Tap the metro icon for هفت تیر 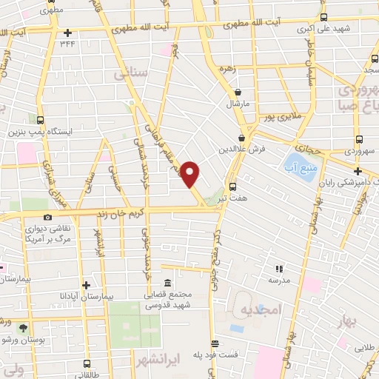233,187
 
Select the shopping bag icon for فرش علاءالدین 241,138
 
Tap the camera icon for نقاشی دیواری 48,216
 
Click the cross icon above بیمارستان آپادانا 87,284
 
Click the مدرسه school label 280,280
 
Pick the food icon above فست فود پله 215,343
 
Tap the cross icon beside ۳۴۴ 67,32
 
